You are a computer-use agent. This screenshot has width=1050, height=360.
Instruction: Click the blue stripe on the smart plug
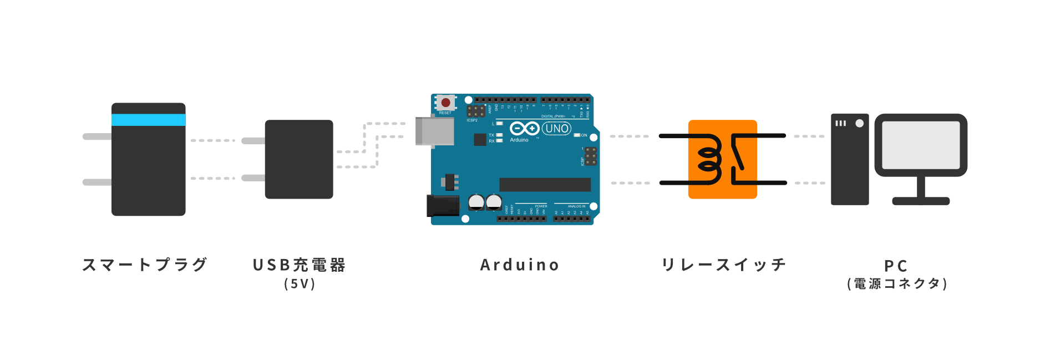click(x=148, y=120)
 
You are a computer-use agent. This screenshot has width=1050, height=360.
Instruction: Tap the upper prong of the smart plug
click(x=97, y=136)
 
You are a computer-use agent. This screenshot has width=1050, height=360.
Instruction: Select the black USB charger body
click(x=299, y=159)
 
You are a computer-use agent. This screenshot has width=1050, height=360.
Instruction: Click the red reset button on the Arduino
click(x=445, y=103)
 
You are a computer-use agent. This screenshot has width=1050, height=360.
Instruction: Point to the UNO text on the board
click(x=556, y=129)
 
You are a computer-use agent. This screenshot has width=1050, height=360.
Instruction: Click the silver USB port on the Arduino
click(x=434, y=131)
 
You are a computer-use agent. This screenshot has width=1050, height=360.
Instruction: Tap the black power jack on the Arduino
click(x=442, y=206)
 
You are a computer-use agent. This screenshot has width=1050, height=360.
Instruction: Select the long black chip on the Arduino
click(x=545, y=185)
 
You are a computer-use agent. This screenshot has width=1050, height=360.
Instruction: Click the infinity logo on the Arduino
click(x=524, y=129)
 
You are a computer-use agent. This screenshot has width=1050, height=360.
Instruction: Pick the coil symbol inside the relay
click(x=709, y=159)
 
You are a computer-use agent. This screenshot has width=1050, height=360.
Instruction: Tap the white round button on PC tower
click(x=859, y=123)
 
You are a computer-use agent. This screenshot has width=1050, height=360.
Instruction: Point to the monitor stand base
click(x=921, y=201)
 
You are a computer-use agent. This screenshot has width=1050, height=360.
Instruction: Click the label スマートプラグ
click(x=145, y=265)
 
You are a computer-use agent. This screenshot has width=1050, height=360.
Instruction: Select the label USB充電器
click(x=299, y=265)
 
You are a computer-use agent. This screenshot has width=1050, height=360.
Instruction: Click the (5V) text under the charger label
click(x=300, y=284)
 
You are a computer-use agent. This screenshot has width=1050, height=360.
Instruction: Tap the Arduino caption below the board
click(x=520, y=265)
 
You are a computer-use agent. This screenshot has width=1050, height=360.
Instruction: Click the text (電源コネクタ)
click(x=897, y=284)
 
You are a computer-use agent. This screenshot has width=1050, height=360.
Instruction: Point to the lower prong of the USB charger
click(x=253, y=178)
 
